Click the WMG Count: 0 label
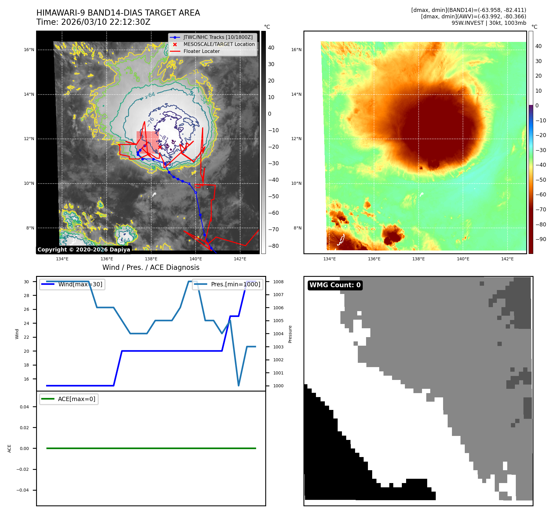(x=335, y=285)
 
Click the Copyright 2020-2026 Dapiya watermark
(x=84, y=250)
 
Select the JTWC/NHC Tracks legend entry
(x=218, y=37)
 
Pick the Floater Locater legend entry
(x=201, y=51)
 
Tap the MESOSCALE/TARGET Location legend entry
(x=219, y=44)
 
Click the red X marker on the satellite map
(x=160, y=147)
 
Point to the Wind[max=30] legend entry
(x=80, y=284)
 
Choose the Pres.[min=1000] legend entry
(x=235, y=284)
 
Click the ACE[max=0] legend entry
(x=76, y=399)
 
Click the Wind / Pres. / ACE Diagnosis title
(x=151, y=267)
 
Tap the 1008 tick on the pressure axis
(x=278, y=282)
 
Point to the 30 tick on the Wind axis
(x=27, y=282)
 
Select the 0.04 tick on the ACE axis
(x=24, y=407)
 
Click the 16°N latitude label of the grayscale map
(x=29, y=50)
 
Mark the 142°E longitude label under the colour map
(x=507, y=259)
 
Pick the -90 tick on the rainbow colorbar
(x=541, y=239)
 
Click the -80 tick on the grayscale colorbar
(x=273, y=246)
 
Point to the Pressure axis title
(x=290, y=334)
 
